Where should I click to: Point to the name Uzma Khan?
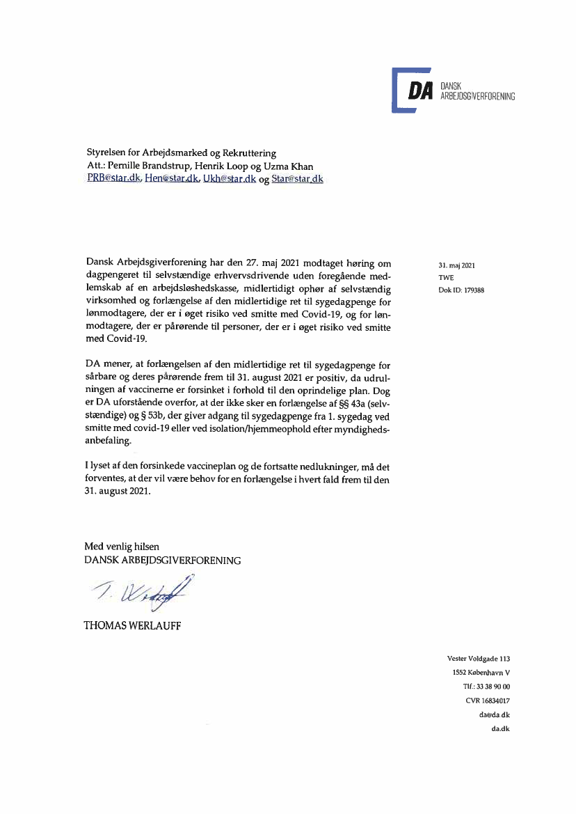pos(293,166)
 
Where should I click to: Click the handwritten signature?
pos(138,591)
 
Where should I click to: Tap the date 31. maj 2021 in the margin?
pos(456,265)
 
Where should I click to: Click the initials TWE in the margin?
pos(446,278)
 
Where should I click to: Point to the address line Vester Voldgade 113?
pos(479,658)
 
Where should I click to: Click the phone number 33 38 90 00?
pos(492,687)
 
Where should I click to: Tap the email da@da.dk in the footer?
pos(495,715)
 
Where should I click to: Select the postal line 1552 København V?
pos(481,673)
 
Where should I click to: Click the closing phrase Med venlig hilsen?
pos(122,546)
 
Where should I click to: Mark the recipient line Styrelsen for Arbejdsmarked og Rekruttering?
pos(181,153)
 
